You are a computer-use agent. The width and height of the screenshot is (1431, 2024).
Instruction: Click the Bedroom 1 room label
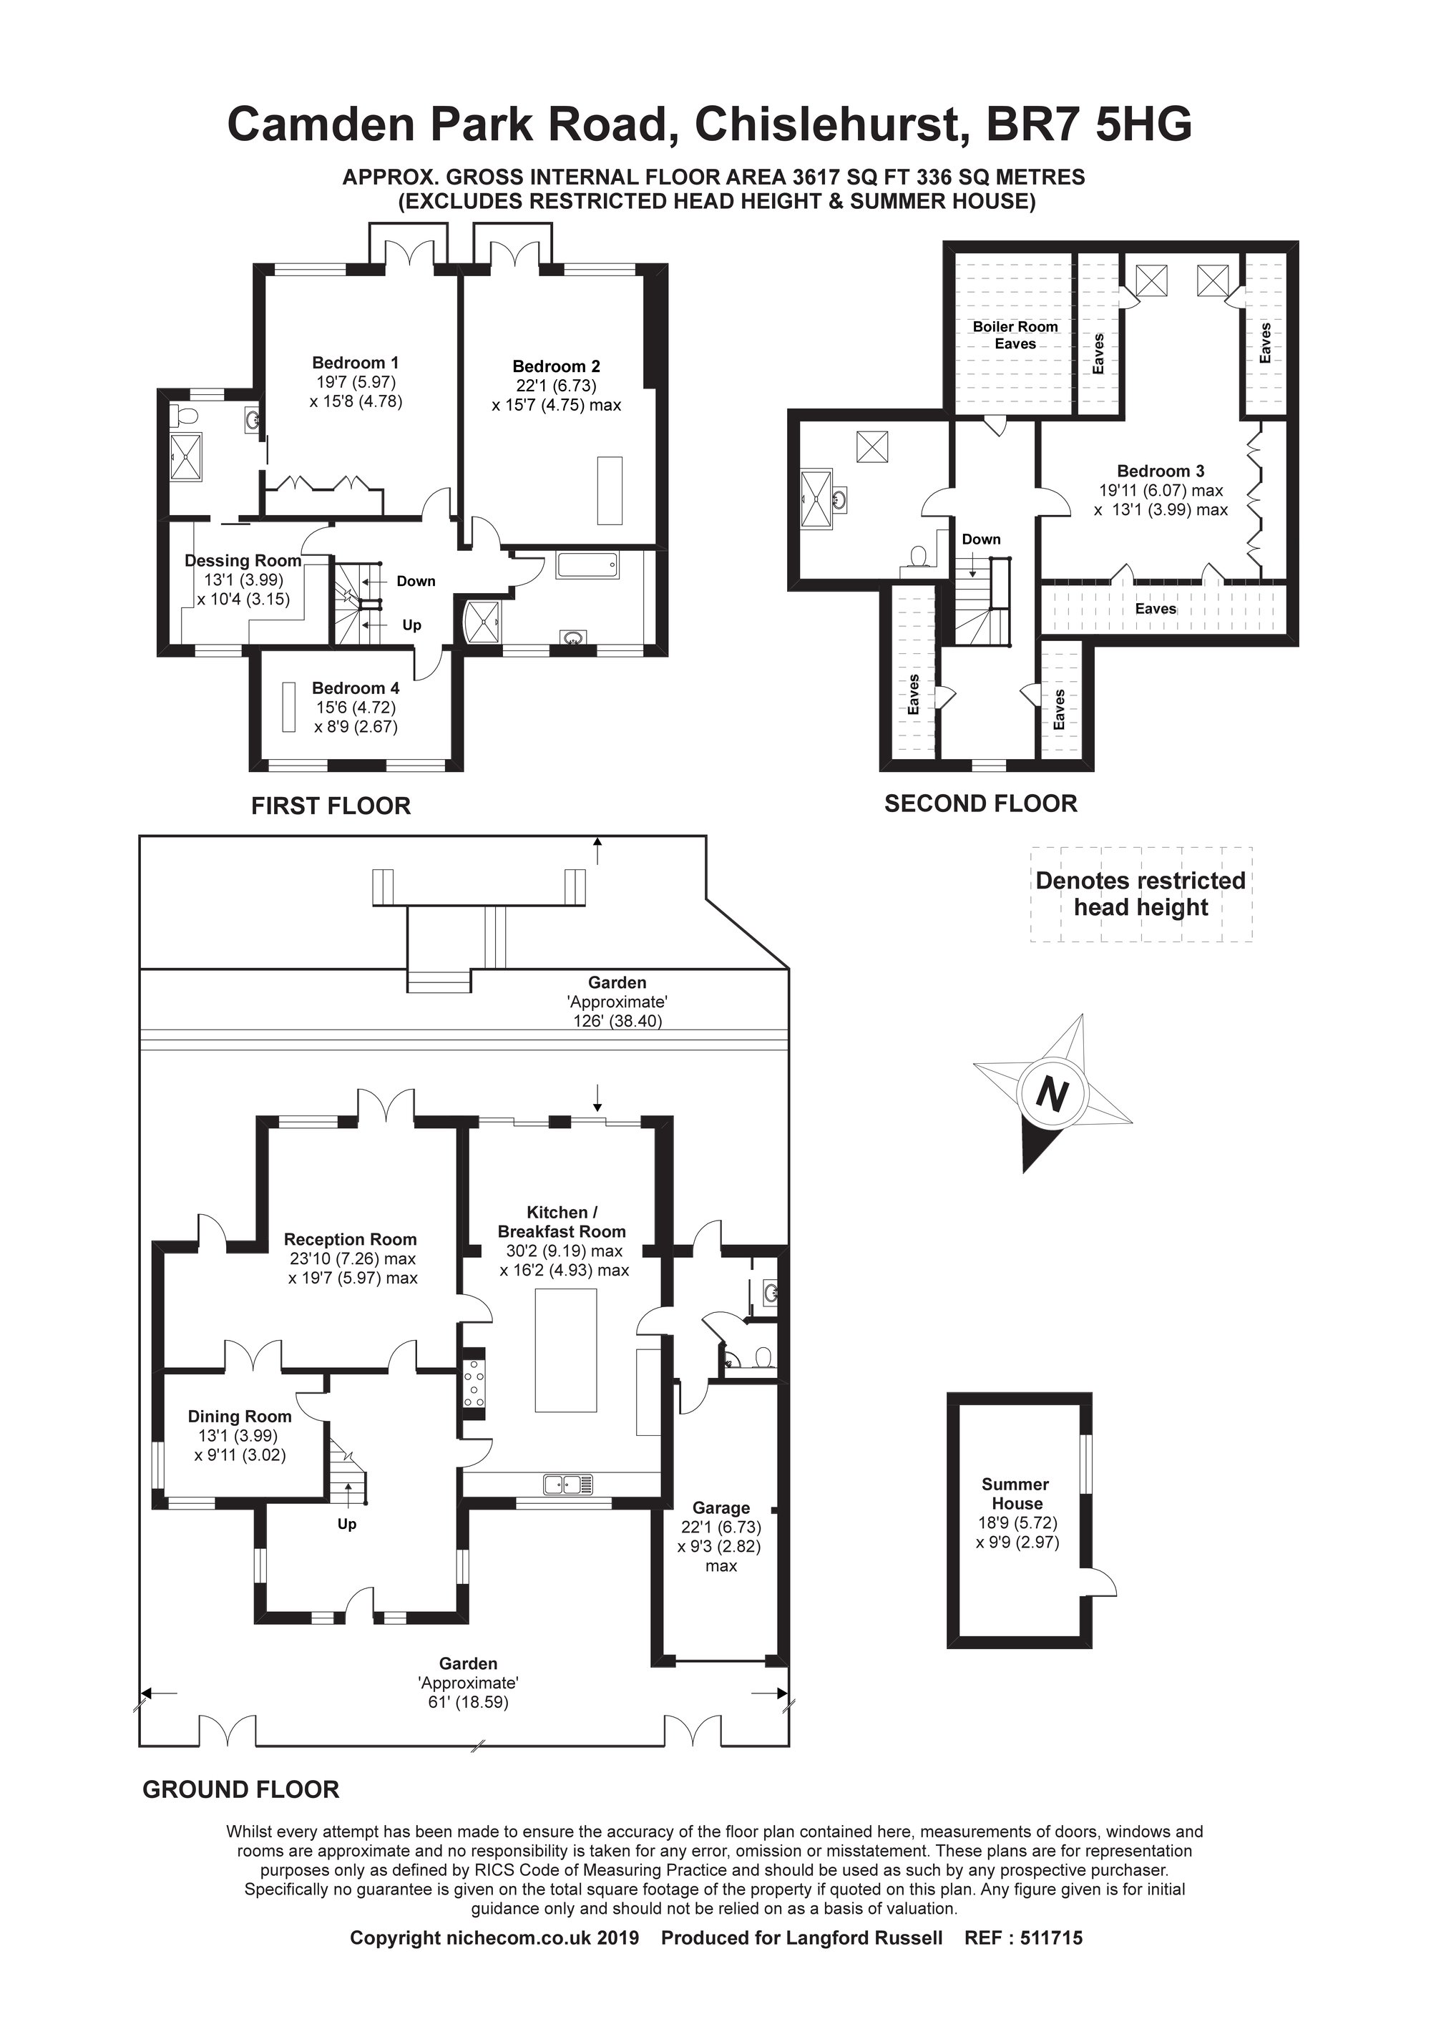coord(356,362)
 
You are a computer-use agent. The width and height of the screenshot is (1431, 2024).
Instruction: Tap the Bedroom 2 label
coord(557,366)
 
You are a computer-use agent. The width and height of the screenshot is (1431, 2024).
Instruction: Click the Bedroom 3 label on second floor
coord(1161,471)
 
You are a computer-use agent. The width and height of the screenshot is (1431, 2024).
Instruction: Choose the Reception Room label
coord(350,1239)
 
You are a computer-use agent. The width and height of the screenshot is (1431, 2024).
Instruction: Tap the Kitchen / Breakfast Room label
coord(562,1222)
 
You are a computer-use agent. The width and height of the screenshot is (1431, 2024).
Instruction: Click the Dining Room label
coord(239,1416)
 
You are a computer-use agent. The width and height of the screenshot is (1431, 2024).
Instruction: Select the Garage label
coord(721,1507)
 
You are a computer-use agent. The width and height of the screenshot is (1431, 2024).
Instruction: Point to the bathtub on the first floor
coord(587,566)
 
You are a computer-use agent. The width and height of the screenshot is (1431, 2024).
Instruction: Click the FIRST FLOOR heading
coord(331,806)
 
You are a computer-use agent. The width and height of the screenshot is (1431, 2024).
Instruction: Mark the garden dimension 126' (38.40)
coord(617,1021)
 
